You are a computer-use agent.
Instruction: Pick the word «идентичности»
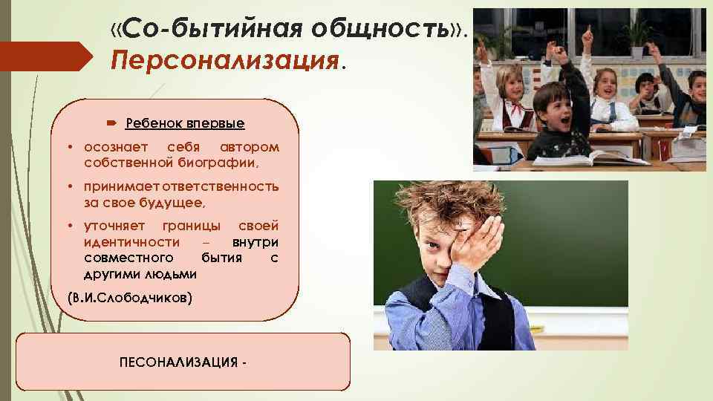click(x=131, y=242)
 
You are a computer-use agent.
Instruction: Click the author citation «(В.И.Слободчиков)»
click(x=129, y=299)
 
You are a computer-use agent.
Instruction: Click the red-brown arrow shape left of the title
click(x=45, y=53)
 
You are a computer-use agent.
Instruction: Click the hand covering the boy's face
click(x=475, y=245)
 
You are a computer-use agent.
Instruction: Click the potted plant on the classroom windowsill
click(x=637, y=36)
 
